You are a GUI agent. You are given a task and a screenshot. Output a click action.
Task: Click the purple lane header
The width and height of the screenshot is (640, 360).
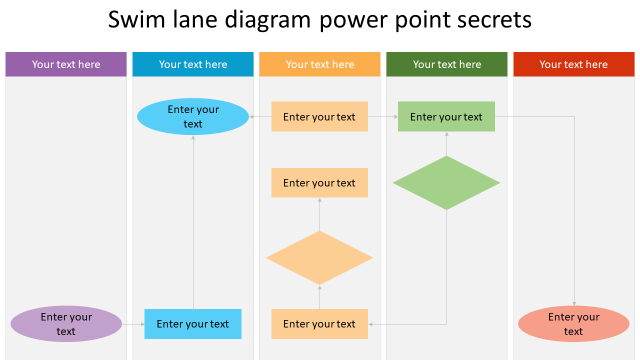66,64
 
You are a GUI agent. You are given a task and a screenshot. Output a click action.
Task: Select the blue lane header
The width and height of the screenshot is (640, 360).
193,64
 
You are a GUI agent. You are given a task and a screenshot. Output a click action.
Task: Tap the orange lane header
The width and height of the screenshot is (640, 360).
320,64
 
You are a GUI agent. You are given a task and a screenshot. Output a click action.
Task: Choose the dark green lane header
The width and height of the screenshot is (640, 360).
447,64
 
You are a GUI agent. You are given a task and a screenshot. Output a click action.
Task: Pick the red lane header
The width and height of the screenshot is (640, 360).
573,64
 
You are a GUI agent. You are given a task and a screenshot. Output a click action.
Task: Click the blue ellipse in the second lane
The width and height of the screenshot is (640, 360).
193,116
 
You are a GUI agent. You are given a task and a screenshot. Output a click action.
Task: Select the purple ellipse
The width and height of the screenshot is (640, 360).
66,324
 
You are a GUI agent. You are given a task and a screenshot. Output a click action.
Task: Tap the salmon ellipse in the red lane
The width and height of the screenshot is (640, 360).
573,324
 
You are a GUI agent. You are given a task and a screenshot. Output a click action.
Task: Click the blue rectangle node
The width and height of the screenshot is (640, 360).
193,324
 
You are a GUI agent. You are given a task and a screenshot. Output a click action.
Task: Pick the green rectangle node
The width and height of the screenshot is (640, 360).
446,116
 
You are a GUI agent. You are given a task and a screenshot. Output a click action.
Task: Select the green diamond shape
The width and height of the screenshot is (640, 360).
446,183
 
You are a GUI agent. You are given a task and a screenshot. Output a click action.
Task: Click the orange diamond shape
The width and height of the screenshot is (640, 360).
319,258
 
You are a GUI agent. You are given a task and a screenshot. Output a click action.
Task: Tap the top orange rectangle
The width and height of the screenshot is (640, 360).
319,116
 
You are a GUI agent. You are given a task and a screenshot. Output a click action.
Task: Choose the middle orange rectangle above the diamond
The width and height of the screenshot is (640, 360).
319,183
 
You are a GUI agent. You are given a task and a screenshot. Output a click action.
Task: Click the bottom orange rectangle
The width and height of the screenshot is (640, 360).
319,324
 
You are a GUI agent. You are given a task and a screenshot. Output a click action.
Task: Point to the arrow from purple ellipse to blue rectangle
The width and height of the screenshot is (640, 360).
133,324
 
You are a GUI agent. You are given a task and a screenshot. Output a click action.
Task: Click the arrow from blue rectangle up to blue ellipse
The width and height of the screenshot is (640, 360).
193,225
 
